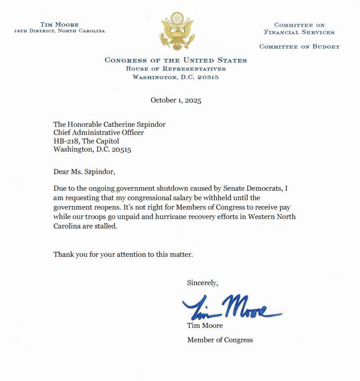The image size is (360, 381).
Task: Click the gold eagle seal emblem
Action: (x=176, y=31)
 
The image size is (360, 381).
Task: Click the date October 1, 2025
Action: (x=176, y=100)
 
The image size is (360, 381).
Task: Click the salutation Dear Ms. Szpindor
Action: (x=87, y=172)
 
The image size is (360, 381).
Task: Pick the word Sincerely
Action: (x=202, y=283)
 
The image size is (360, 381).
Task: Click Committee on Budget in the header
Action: (x=299, y=47)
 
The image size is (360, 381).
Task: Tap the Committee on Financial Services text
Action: (x=299, y=29)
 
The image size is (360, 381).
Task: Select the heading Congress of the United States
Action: (x=176, y=60)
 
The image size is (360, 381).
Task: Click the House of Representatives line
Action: (x=176, y=69)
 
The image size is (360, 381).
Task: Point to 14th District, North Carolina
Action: (x=59, y=31)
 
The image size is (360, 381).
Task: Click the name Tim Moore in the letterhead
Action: (x=59, y=24)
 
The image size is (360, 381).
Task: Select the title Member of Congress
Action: (x=220, y=340)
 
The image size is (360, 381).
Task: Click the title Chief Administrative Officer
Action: (x=98, y=133)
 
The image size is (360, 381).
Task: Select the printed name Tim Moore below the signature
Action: (x=204, y=326)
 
